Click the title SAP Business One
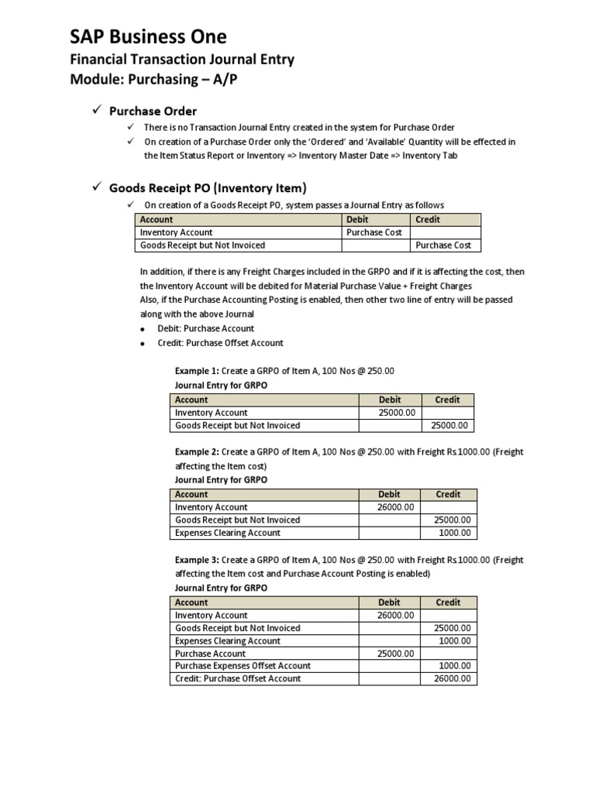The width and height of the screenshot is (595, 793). click(x=148, y=36)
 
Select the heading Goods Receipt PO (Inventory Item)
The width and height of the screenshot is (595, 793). click(x=208, y=187)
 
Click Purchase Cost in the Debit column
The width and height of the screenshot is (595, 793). click(x=373, y=232)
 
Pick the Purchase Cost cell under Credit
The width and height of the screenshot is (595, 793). click(x=443, y=245)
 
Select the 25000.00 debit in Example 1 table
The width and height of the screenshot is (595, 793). click(x=397, y=413)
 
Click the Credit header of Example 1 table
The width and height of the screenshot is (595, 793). click(x=447, y=400)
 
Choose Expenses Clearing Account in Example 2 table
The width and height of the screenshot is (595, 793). click(x=228, y=533)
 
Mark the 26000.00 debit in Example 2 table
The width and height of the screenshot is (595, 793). click(x=397, y=507)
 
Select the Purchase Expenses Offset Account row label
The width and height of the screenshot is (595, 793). click(x=242, y=666)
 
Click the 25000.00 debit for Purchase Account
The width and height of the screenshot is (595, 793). click(x=397, y=654)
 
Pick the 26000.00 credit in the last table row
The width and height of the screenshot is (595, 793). click(x=452, y=678)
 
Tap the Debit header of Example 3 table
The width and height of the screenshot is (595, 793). click(x=389, y=602)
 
